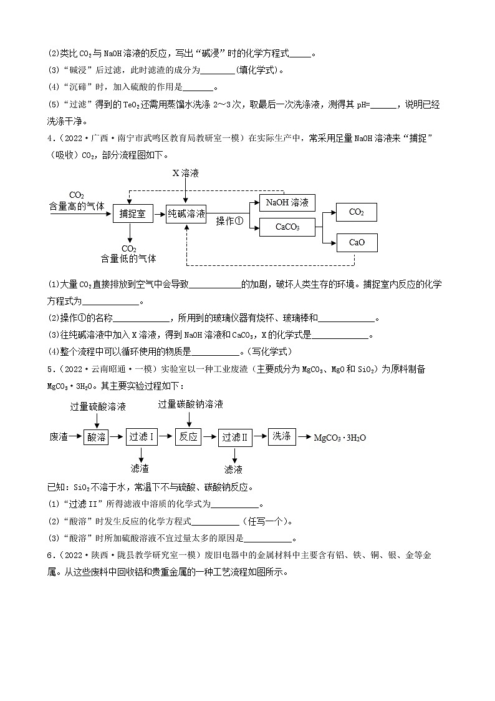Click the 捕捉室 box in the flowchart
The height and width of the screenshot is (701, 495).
[x=133, y=214]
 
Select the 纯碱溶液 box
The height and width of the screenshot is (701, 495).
[x=186, y=214]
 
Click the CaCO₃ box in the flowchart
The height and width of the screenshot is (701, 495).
[x=287, y=228]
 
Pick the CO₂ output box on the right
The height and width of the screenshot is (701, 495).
[x=357, y=212]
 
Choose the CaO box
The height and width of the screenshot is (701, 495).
[x=357, y=242]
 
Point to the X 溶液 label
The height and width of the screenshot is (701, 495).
[x=186, y=174]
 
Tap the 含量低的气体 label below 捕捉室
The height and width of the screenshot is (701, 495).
[x=128, y=258]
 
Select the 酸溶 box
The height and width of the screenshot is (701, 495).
[x=96, y=437]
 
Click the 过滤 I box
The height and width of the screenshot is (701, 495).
[x=142, y=437]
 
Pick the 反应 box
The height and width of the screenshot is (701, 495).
[x=188, y=437]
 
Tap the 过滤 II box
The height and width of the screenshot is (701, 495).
[x=235, y=438]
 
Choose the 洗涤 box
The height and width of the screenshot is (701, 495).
[x=282, y=436]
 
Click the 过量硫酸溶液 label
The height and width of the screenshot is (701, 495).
[x=98, y=407]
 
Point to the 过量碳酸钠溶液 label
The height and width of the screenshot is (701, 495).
[x=190, y=404]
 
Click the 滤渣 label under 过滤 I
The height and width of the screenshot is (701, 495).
[x=140, y=469]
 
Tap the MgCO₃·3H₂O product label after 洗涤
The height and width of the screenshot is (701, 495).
[x=340, y=438]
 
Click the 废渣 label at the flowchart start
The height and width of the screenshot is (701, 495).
[x=59, y=437]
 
